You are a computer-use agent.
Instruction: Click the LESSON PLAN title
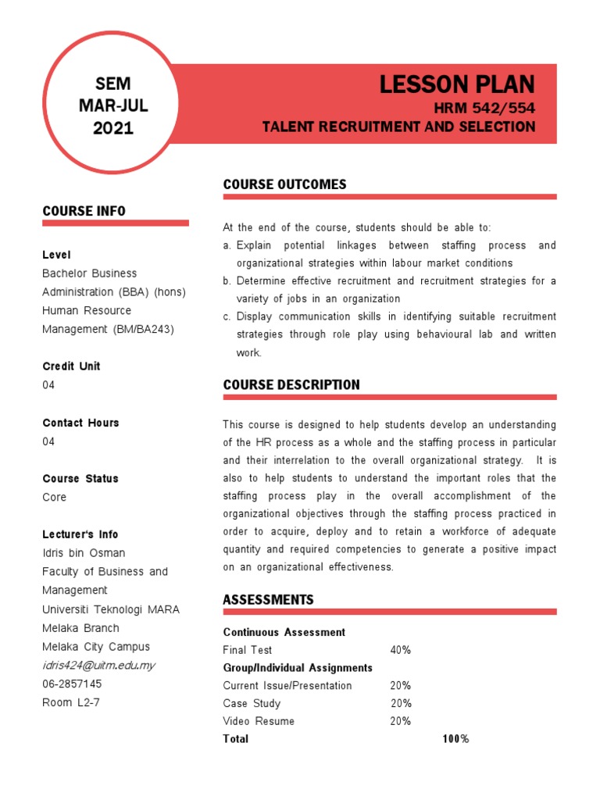point(457,84)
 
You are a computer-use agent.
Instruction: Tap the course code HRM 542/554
point(484,108)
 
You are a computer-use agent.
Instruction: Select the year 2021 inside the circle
point(113,128)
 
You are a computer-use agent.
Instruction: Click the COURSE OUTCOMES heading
point(284,184)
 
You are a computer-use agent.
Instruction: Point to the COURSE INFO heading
point(84,211)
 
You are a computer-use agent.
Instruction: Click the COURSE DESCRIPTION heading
point(291,384)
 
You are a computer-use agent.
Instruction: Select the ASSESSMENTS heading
point(268,599)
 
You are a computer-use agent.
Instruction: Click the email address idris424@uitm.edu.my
point(99,665)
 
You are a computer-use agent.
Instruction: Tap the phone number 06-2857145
point(72,684)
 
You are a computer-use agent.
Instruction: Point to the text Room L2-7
point(71,702)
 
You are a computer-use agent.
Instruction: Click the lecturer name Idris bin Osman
point(84,552)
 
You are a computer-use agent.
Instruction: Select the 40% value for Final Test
point(401,650)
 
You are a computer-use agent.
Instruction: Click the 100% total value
point(455,738)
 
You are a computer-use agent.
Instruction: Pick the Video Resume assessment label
point(259,721)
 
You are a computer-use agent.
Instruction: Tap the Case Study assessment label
point(252,703)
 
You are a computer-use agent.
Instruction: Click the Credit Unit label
point(71,366)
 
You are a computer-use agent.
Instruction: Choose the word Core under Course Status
point(55,497)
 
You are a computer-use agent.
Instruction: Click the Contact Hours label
point(80,423)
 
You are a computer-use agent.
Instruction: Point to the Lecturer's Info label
point(80,534)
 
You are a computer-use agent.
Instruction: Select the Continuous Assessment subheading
point(284,632)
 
